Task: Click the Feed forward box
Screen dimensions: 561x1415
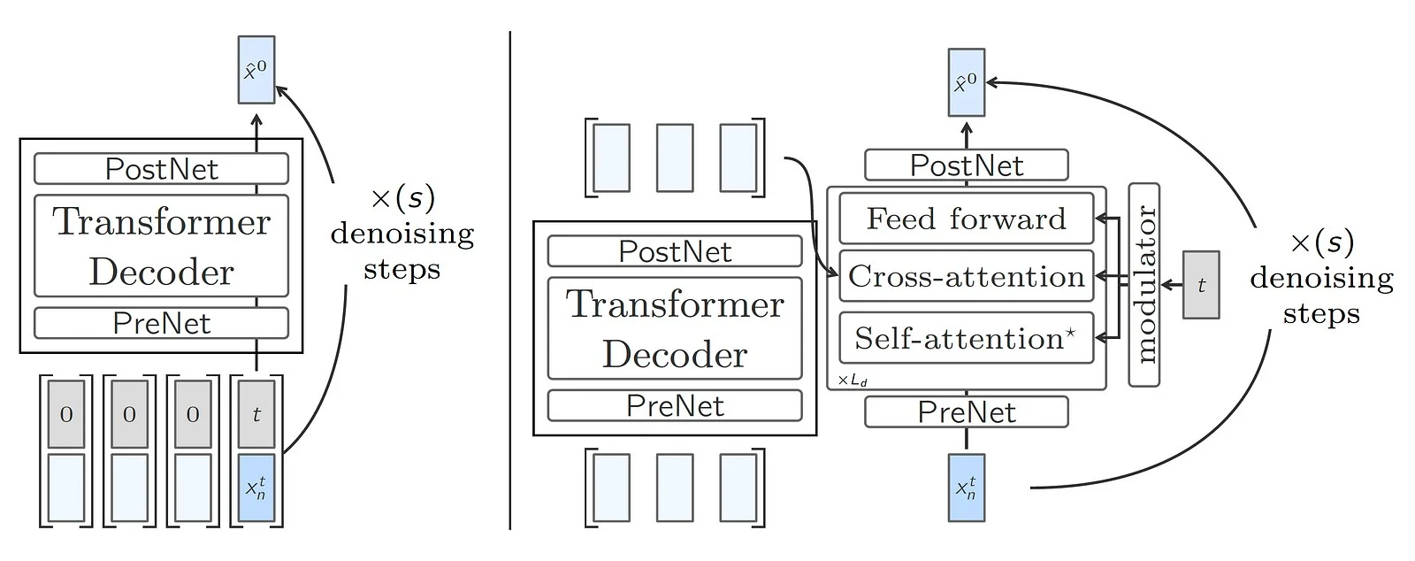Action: (x=966, y=219)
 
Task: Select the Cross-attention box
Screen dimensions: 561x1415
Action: (x=966, y=277)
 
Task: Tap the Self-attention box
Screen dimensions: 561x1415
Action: (x=966, y=338)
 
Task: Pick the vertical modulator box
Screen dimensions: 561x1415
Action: (x=1144, y=285)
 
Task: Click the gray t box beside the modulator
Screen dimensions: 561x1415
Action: (x=1201, y=285)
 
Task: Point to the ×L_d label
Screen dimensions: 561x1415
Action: (x=853, y=381)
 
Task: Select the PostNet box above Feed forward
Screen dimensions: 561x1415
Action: (x=966, y=165)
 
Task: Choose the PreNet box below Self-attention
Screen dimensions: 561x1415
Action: (x=966, y=412)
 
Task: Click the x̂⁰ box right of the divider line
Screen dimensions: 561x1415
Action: (x=966, y=82)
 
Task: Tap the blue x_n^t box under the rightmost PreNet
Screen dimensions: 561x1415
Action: (x=966, y=488)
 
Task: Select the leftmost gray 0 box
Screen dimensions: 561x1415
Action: (x=66, y=414)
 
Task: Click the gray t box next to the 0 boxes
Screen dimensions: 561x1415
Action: (x=256, y=414)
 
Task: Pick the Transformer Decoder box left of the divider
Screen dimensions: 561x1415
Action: (x=161, y=246)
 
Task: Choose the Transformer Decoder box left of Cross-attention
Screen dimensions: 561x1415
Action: (x=675, y=328)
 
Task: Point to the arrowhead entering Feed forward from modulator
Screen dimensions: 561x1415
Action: (x=1099, y=218)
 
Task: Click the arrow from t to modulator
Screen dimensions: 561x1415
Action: (x=1172, y=285)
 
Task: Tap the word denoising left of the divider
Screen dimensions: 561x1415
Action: (x=402, y=234)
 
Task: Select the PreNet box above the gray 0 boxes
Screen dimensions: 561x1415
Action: (x=161, y=323)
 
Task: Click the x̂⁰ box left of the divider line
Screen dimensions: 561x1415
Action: (x=256, y=70)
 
